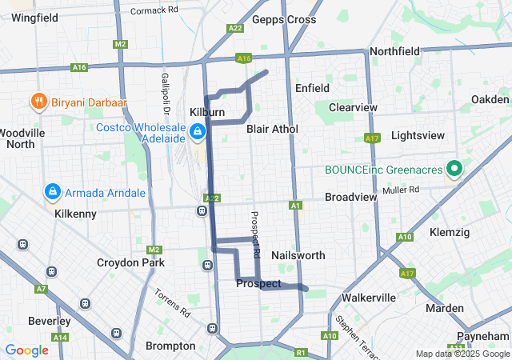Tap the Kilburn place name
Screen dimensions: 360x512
pyautogui.click(x=207, y=112)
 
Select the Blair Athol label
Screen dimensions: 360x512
pyautogui.click(x=272, y=129)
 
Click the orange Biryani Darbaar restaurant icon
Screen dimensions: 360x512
pyautogui.click(x=37, y=102)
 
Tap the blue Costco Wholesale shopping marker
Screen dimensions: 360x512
pyautogui.click(x=197, y=130)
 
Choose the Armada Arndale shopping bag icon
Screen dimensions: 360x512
pyautogui.click(x=52, y=192)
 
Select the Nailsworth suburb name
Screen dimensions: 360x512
pyautogui.click(x=298, y=255)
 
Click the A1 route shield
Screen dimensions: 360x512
pyautogui.click(x=295, y=206)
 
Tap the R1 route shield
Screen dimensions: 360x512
pyautogui.click(x=301, y=352)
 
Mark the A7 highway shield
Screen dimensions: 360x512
pyautogui.click(x=42, y=288)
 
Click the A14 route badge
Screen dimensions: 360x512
pyautogui.click(x=60, y=338)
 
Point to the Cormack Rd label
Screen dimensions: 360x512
pyautogui.click(x=154, y=10)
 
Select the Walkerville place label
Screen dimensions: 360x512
pyautogui.click(x=369, y=298)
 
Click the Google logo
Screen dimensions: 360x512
pyautogui.click(x=26, y=350)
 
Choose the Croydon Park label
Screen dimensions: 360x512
pyautogui.click(x=130, y=262)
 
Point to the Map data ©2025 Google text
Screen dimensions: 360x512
pyautogui.click(x=462, y=354)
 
